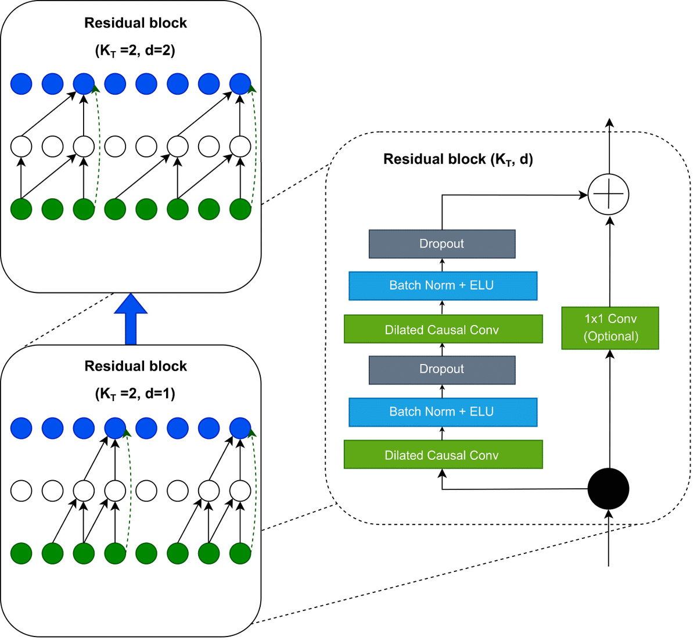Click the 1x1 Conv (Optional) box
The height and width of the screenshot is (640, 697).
pyautogui.click(x=610, y=328)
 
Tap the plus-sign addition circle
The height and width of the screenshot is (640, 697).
pyautogui.click(x=609, y=194)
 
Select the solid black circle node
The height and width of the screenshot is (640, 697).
pyautogui.click(x=608, y=489)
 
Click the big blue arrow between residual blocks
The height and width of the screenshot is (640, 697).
pyautogui.click(x=131, y=320)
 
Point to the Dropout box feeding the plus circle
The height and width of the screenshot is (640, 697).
pyautogui.click(x=442, y=244)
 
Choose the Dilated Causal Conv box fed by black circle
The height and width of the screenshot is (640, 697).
pyautogui.click(x=443, y=455)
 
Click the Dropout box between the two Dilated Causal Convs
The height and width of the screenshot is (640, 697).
pyautogui.click(x=442, y=370)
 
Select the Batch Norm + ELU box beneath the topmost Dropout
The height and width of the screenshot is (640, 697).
pyautogui.click(x=443, y=285)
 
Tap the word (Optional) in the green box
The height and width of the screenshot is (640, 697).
pyautogui.click(x=610, y=337)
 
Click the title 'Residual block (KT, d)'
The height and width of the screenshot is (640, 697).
pyautogui.click(x=458, y=159)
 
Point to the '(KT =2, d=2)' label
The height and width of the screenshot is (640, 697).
pyautogui.click(x=135, y=51)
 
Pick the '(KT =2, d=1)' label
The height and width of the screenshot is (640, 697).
pyautogui.click(x=135, y=394)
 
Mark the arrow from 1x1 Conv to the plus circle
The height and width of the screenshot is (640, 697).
pyautogui.click(x=609, y=262)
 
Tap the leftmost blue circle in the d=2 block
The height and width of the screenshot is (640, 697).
pyautogui.click(x=21, y=84)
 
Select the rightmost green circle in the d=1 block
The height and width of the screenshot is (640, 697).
pyautogui.click(x=240, y=553)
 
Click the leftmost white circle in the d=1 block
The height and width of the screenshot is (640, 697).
pyautogui.click(x=21, y=491)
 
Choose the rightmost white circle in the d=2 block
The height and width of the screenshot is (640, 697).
pyautogui.click(x=240, y=146)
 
